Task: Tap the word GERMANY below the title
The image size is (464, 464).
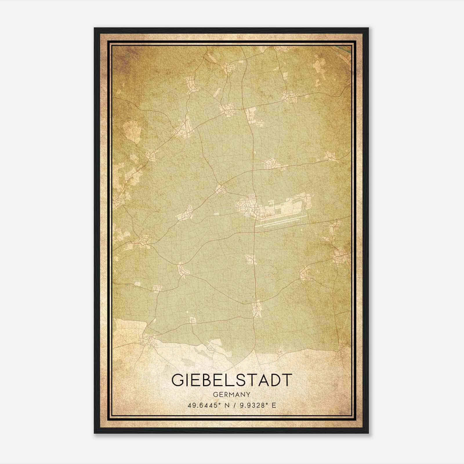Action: (x=231, y=394)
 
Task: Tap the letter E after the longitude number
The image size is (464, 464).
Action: (x=274, y=405)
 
